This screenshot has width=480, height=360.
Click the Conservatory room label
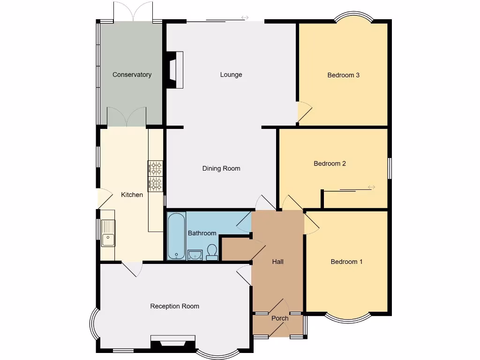click(132, 75)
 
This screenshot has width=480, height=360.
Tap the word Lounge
click(231, 75)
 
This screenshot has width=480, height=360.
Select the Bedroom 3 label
click(343, 75)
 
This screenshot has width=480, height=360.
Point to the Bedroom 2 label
click(330, 164)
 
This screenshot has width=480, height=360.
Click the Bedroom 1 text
click(346, 262)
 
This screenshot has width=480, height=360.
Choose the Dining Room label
click(221, 168)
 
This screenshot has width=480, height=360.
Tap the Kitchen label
click(132, 195)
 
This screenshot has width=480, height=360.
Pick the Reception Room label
click(174, 306)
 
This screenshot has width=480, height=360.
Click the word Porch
click(280, 318)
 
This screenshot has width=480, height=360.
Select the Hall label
click(278, 262)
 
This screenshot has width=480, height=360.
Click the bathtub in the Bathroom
click(177, 236)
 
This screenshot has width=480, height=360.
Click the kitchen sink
click(108, 233)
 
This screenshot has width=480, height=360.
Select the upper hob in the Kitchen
click(156, 167)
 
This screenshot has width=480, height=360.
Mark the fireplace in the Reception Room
click(172, 342)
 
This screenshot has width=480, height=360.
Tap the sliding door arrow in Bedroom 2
click(371, 187)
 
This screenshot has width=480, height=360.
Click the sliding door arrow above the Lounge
click(245, 18)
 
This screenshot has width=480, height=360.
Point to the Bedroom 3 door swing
click(304, 111)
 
